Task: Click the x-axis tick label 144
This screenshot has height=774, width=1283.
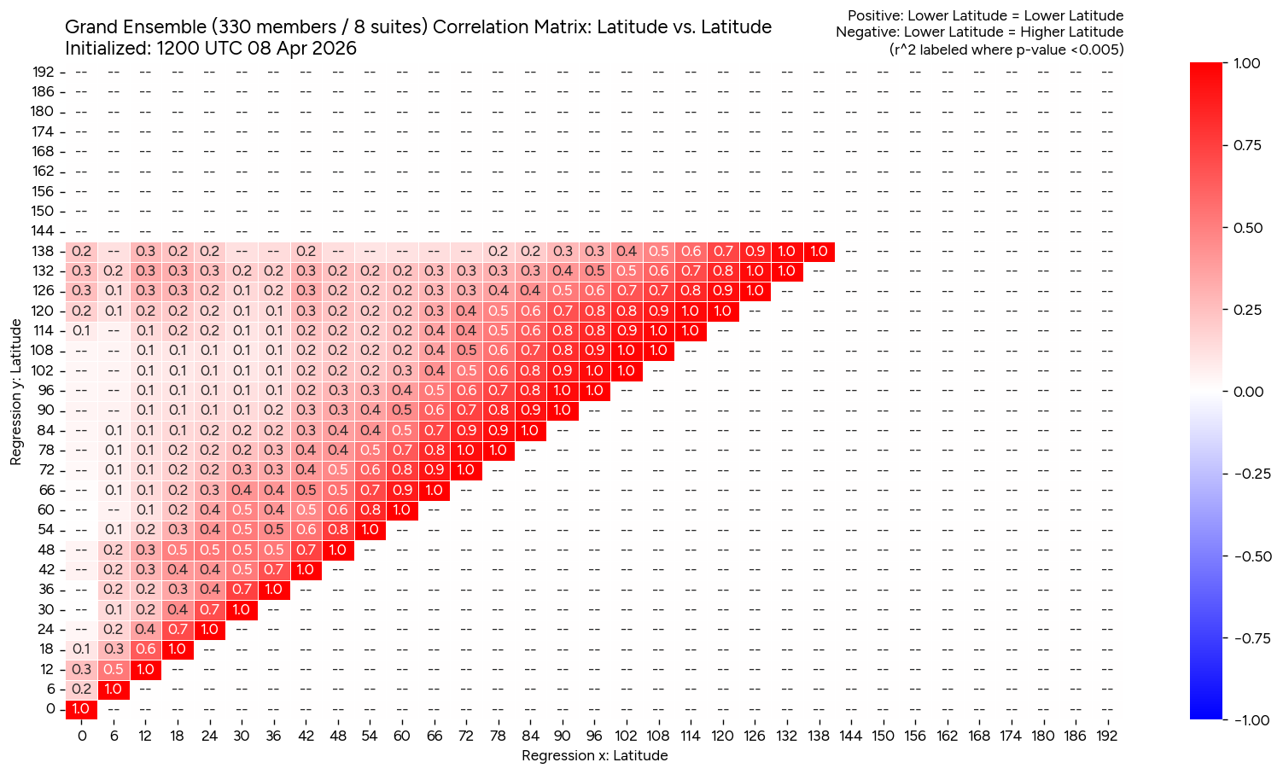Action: (850, 736)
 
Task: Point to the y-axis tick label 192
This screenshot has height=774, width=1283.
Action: (44, 72)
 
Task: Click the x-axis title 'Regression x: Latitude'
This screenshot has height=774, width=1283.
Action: (594, 755)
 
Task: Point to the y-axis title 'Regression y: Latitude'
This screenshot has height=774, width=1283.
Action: (16, 393)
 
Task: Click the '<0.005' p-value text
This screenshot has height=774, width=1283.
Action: (1096, 49)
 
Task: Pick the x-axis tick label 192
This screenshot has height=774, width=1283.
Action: (1106, 736)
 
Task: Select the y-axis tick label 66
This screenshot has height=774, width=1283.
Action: (48, 490)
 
